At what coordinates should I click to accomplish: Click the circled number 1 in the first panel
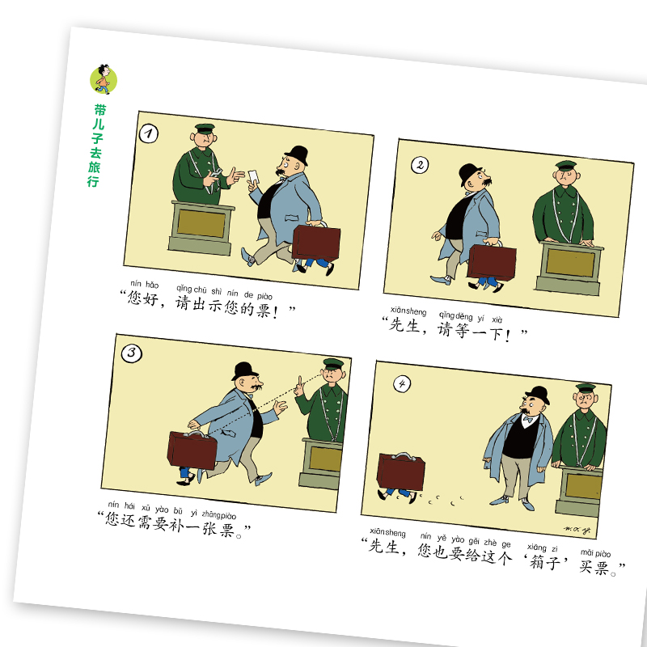[x=149, y=133]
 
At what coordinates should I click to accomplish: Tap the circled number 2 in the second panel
[x=420, y=165]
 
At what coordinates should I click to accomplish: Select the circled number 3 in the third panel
[x=132, y=353]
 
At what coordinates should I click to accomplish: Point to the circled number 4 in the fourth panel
[x=402, y=384]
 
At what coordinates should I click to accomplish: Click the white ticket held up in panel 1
[x=254, y=176]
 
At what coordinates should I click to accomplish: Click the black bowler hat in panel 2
[x=470, y=172]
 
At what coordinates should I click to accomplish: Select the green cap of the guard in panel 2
[x=565, y=166]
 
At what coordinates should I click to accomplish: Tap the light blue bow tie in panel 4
[x=528, y=420]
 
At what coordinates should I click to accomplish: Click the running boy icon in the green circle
[x=104, y=79]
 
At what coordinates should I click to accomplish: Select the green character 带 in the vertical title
[x=100, y=110]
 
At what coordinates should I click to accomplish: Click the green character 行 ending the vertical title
[x=93, y=180]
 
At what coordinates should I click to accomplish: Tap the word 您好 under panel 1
[x=143, y=298]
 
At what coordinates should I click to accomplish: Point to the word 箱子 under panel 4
[x=545, y=561]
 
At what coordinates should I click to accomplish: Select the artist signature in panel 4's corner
[x=577, y=531]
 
